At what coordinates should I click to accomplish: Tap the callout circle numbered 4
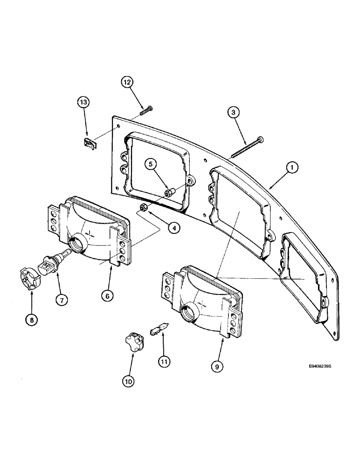pyautogui.click(x=173, y=228)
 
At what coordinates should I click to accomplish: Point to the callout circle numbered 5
pyautogui.click(x=150, y=164)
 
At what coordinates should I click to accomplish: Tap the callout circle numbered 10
pyautogui.click(x=129, y=381)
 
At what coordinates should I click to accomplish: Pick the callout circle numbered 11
pyautogui.click(x=163, y=360)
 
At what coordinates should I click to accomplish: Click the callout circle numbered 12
pyautogui.click(x=128, y=82)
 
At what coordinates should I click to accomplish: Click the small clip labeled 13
pyautogui.click(x=89, y=143)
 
